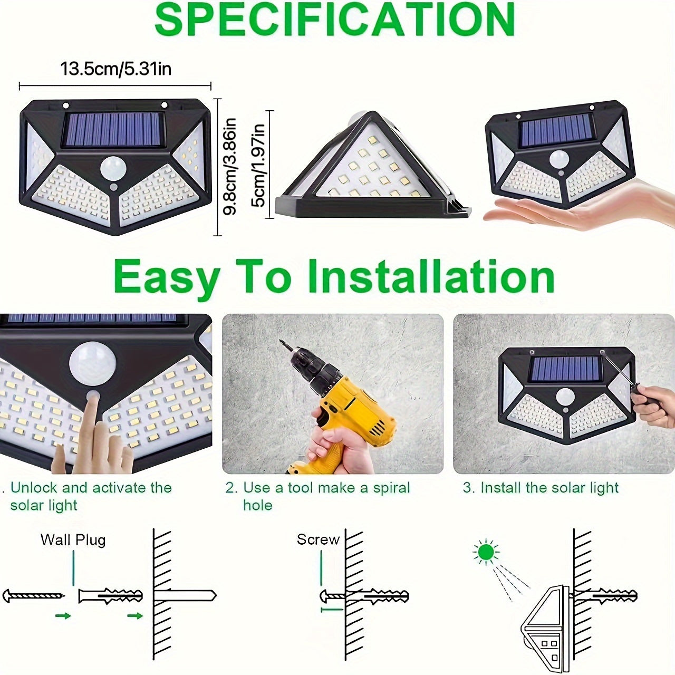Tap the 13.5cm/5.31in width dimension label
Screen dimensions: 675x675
tap(116, 69)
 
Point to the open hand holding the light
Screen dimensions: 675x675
tap(580, 208)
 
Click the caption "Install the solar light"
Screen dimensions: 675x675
tap(549, 488)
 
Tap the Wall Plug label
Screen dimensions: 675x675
tap(73, 539)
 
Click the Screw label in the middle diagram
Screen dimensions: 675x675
tap(317, 539)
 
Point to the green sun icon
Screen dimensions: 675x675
tap(486, 552)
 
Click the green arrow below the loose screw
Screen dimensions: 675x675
tap(63, 615)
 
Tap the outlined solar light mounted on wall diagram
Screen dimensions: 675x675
tap(546, 622)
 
